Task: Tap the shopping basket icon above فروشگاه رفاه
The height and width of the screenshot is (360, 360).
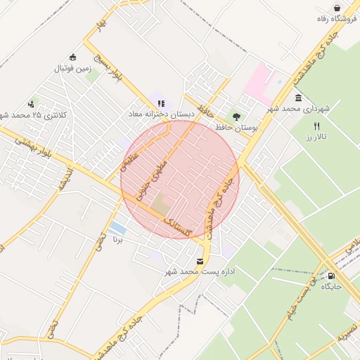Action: (338, 8)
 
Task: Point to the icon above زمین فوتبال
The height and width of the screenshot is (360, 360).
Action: (72, 58)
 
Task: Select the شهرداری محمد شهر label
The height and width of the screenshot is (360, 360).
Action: (298, 109)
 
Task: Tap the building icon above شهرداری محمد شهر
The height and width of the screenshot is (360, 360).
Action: (299, 98)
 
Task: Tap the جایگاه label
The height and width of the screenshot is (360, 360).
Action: (331, 287)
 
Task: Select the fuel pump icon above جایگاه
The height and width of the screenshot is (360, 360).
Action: (332, 276)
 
